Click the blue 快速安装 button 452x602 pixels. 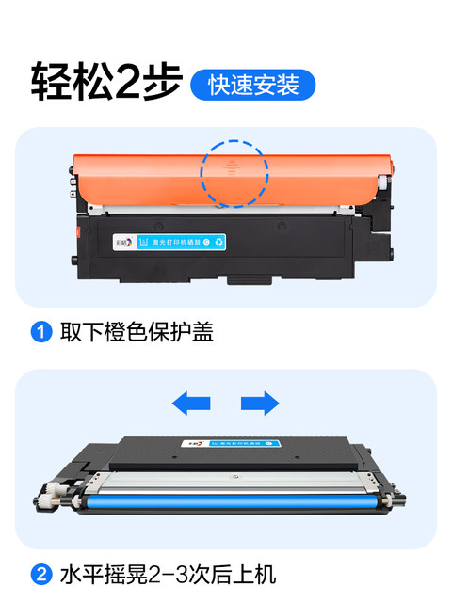pyautogui.click(x=252, y=85)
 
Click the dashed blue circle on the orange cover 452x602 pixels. pyautogui.click(x=234, y=174)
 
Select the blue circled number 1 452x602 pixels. pyautogui.click(x=41, y=332)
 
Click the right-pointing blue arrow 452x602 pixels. pyautogui.click(x=260, y=404)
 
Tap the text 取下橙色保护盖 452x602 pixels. pyautogui.click(x=137, y=332)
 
